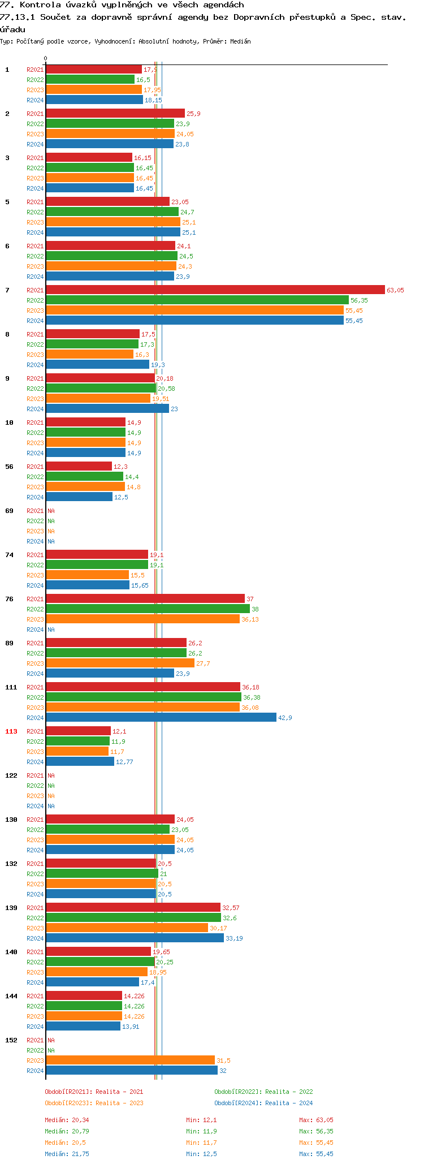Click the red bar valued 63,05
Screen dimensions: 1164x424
pos(215,290)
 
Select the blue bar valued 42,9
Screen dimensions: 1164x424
pos(161,717)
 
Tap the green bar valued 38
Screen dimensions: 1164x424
pos(148,609)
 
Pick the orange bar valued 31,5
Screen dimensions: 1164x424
pos(130,1060)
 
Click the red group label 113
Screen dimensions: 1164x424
pos(11,731)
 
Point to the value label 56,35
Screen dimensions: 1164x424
pos(359,300)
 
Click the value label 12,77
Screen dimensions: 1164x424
pos(124,762)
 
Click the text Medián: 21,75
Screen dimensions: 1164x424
pos(67,1154)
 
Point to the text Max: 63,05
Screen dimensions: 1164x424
pos(316,1120)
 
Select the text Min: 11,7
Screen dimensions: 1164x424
pos(201,1143)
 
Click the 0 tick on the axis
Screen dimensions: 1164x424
pos(46,58)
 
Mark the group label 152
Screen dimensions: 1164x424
pos(11,1040)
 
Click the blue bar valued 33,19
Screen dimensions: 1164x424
pos(135,938)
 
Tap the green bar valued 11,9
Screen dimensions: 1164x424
pos(77,741)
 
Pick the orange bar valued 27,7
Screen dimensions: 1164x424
pos(120,663)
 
